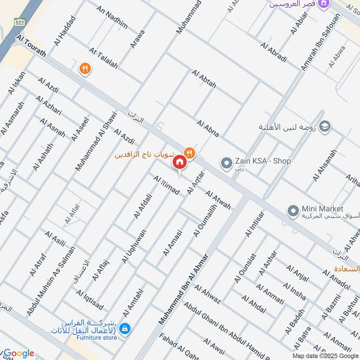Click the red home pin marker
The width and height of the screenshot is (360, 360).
(180, 162)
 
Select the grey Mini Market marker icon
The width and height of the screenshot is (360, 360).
(293, 210)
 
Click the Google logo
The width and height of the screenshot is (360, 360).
(18, 353)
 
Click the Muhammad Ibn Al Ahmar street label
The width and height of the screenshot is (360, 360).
(184, 289)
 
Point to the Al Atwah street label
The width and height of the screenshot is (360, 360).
(218, 200)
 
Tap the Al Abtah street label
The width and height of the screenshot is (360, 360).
(204, 79)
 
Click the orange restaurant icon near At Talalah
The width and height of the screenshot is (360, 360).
(85, 69)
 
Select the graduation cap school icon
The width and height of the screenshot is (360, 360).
(324, 127)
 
